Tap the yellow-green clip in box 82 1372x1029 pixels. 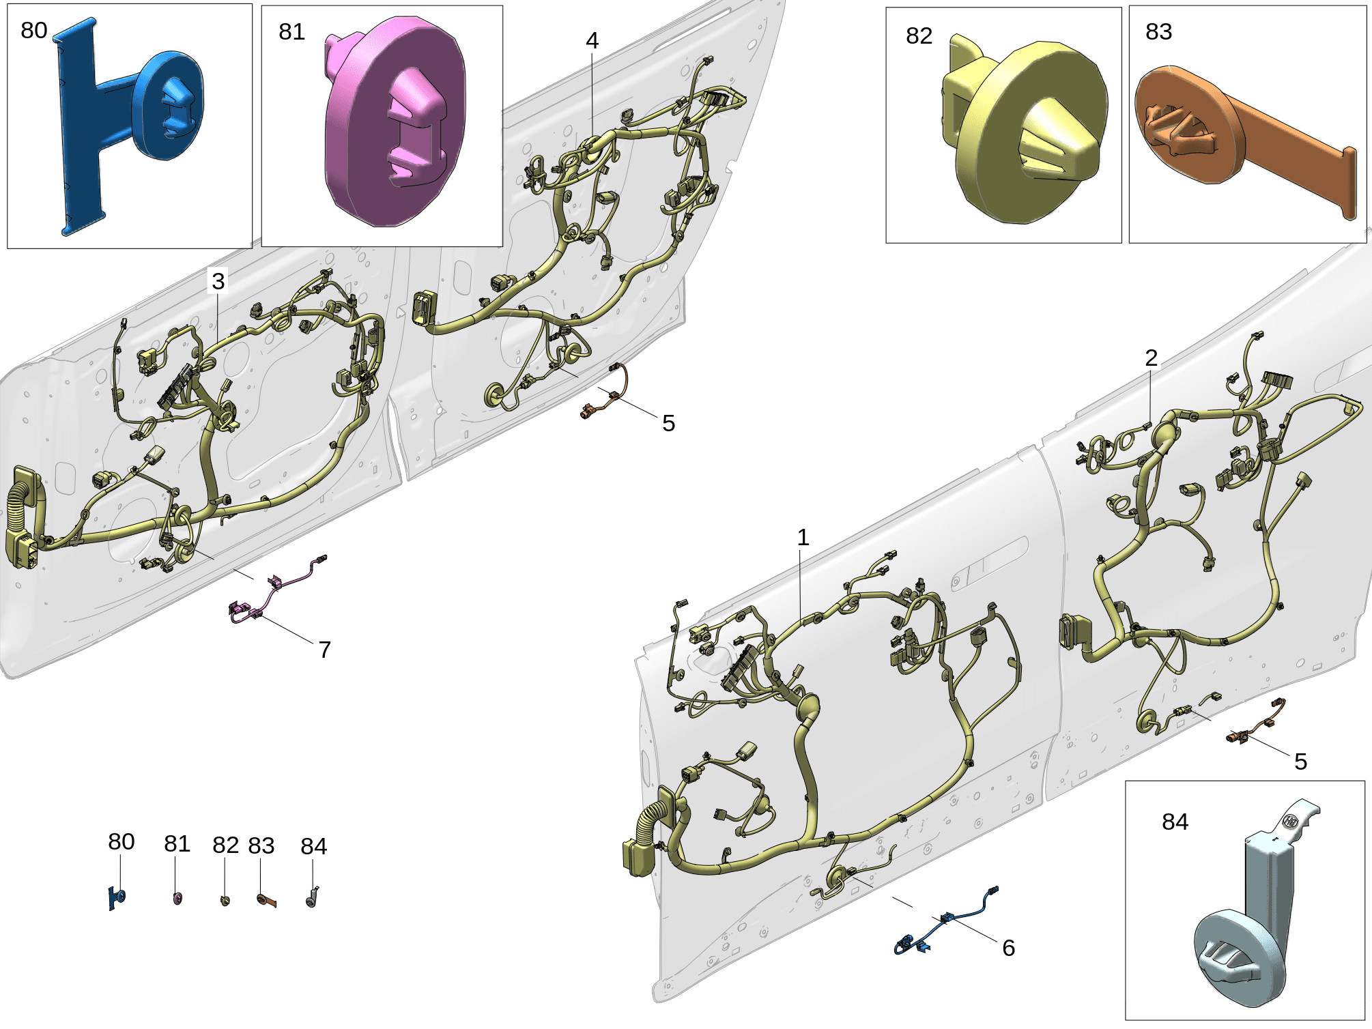[x=1024, y=130]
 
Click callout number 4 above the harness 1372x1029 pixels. [x=592, y=41]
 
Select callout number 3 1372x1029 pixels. [x=218, y=281]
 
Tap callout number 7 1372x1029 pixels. [x=325, y=650]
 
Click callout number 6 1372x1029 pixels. [x=1008, y=948]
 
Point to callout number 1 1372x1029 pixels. [x=803, y=538]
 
